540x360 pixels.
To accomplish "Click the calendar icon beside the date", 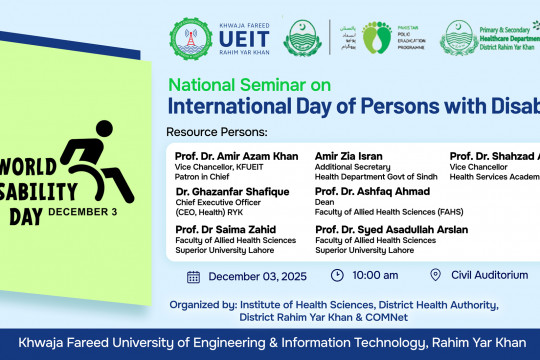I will point(193,276).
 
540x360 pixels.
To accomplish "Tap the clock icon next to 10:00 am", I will point(337,276).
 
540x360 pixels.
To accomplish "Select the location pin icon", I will point(435,276).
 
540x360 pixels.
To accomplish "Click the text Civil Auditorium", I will point(489,276).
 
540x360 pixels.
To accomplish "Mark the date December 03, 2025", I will point(257,276).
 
